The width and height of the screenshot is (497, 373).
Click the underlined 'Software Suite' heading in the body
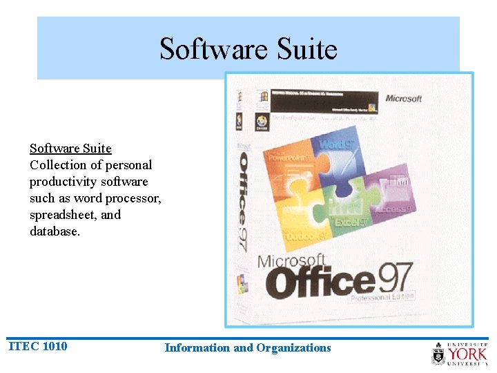click(x=70, y=149)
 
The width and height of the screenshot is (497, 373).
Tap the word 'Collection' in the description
click(x=57, y=165)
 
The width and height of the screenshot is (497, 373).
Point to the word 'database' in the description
click(x=54, y=231)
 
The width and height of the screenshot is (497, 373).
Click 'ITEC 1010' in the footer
click(x=38, y=346)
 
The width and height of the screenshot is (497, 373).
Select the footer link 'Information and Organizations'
click(x=248, y=348)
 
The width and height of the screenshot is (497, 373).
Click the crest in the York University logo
click(x=438, y=354)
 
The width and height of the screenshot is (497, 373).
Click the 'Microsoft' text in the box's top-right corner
click(x=403, y=99)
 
